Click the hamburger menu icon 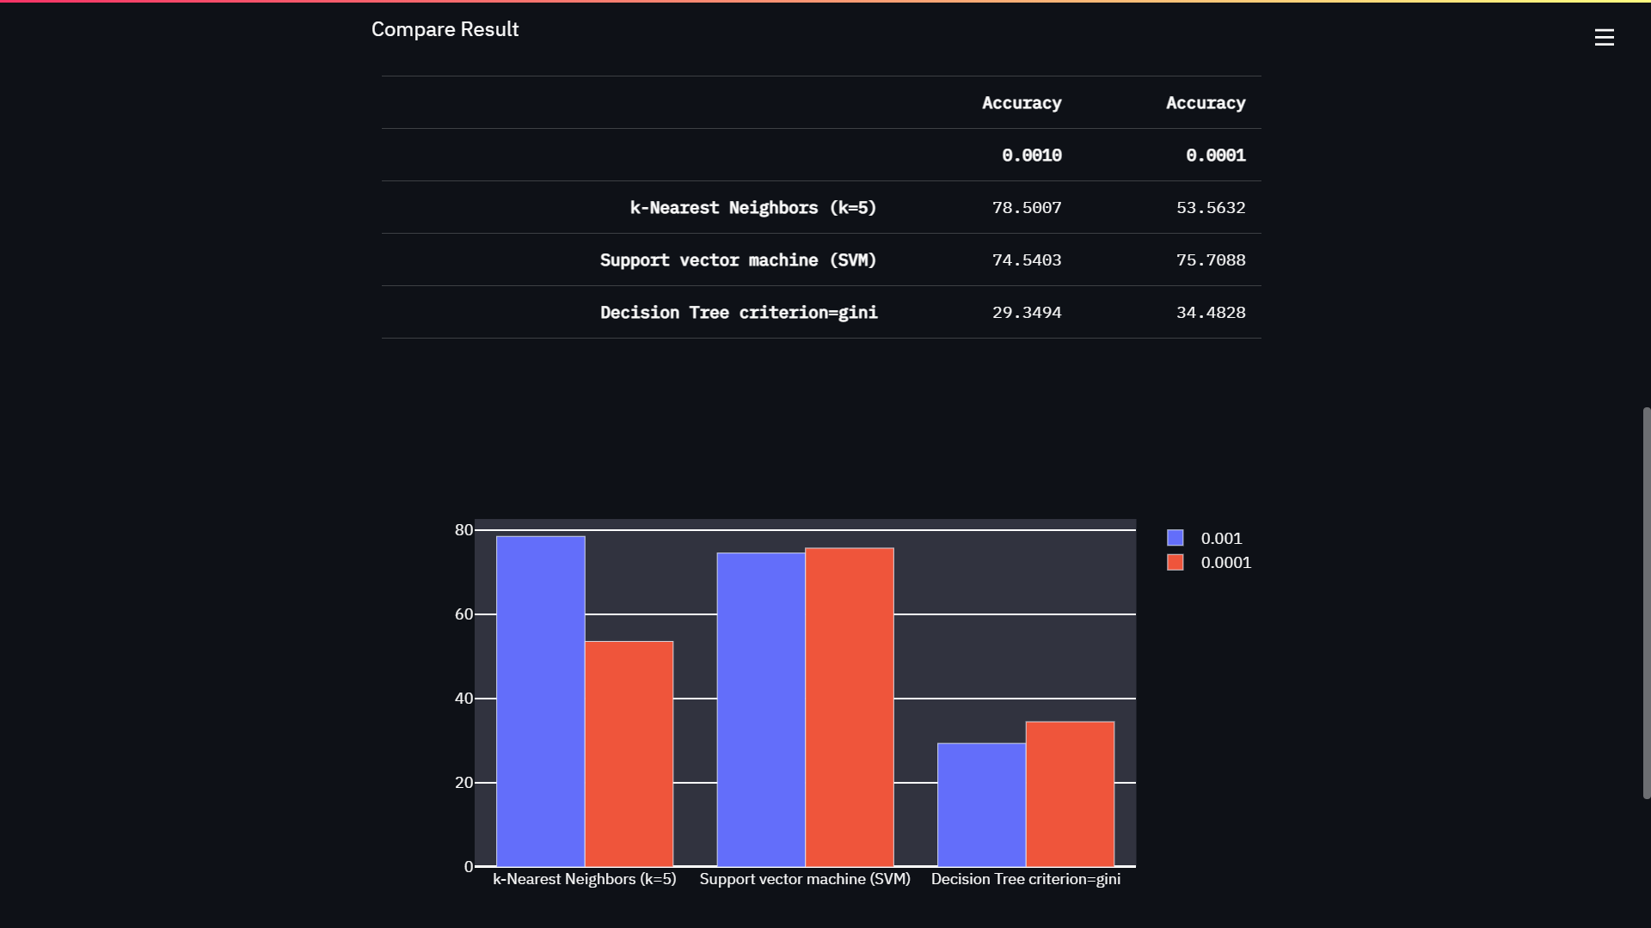point(1604,38)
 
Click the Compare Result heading point(445,29)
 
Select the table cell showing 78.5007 point(1026,208)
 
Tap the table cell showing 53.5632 point(1210,208)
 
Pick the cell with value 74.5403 point(1026,260)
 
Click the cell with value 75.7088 point(1210,260)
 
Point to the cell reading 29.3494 point(1026,313)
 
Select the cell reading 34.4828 point(1210,313)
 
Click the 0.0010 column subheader point(1031,156)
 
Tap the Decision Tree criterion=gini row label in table point(739,313)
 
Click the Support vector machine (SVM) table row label point(738,260)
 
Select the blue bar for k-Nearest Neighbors point(540,700)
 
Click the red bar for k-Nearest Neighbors point(629,754)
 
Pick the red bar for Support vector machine point(849,706)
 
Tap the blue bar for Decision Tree point(981,804)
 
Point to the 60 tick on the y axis point(463,614)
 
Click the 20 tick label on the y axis point(463,783)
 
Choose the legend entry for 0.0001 point(1224,563)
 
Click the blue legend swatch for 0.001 point(1175,538)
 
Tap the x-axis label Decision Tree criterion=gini point(1025,879)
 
